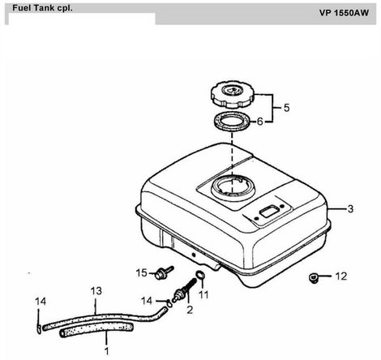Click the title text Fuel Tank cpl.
[x=42, y=8]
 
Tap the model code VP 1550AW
[x=344, y=13]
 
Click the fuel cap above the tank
[x=233, y=94]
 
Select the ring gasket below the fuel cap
[x=233, y=122]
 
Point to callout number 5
[x=286, y=108]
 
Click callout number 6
[x=259, y=122]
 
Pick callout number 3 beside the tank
[x=350, y=208]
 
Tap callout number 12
[x=341, y=276]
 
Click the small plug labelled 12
[x=313, y=278]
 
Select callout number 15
[x=141, y=273]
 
